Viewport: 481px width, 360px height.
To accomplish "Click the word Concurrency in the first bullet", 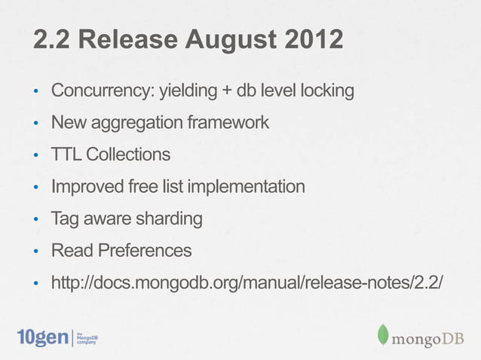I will pyautogui.click(x=101, y=93).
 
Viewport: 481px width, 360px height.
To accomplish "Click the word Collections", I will pyautogui.click(x=127, y=155).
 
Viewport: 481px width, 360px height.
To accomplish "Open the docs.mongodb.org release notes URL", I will pyautogui.click(x=247, y=282).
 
